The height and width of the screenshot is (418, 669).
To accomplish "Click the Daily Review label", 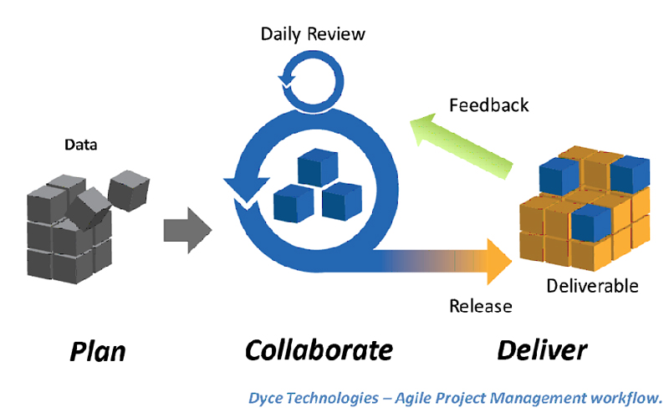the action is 313,34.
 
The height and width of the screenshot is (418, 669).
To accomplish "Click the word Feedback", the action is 489,105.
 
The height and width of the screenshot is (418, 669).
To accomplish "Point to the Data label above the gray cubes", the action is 80,145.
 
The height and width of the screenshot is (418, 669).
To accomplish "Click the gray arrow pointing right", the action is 187,231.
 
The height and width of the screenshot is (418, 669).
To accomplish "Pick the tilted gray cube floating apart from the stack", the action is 129,191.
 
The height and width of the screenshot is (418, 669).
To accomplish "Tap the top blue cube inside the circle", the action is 318,167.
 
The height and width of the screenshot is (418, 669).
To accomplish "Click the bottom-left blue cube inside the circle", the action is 294,203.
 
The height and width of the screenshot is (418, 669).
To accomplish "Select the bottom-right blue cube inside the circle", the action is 342,201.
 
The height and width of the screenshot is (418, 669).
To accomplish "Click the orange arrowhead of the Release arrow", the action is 499,262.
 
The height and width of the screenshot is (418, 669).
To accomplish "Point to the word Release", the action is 480,306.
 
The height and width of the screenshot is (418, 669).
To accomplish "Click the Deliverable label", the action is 592,286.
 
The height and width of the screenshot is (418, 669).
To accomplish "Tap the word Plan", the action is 98,351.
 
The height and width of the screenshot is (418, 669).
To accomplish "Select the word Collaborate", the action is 319,350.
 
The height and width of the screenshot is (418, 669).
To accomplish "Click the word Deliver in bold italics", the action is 542,350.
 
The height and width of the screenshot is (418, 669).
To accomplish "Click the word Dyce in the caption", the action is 265,399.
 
